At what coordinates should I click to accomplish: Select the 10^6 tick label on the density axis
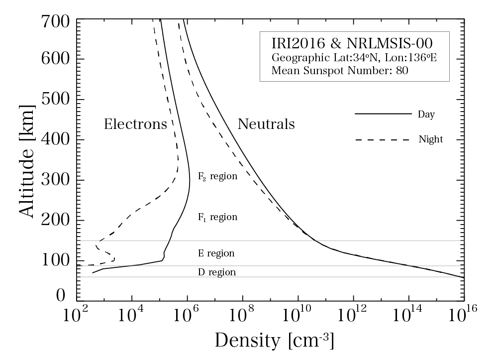coord(187,316)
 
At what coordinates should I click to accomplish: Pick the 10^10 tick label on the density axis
coord(297,316)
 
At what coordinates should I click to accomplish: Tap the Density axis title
coord(274,341)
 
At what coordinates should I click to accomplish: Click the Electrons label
coord(135,124)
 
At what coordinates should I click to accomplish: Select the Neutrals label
coord(266,124)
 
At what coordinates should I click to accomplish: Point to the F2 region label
coord(217,176)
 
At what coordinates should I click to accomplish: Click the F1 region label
coord(217,217)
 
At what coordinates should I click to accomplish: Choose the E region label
coord(216,253)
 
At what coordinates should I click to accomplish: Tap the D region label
coord(216,272)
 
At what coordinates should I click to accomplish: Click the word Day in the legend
coord(426,115)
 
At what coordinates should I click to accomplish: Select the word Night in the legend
coord(430,139)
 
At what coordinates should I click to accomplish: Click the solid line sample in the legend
coord(383,114)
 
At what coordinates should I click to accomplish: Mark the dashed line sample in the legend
coord(383,139)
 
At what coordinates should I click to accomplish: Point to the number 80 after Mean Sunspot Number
coord(402,70)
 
